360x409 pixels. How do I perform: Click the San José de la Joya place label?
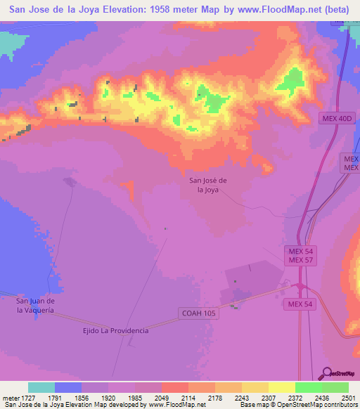208,184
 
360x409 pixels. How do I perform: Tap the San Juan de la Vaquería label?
41,305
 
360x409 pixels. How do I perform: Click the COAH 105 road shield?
197,314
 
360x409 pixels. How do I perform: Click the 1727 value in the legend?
28,398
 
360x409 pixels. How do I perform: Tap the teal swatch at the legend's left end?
41,387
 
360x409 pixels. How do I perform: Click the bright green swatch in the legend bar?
308,387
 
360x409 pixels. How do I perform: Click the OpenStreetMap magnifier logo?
328,372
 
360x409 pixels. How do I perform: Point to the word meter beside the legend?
9,398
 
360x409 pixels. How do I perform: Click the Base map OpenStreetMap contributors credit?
297,405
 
